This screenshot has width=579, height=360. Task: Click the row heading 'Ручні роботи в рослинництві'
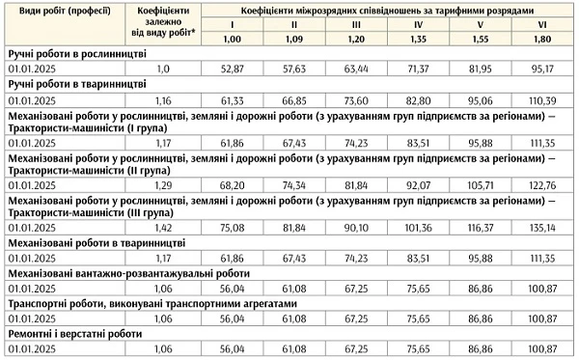(x=77, y=54)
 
